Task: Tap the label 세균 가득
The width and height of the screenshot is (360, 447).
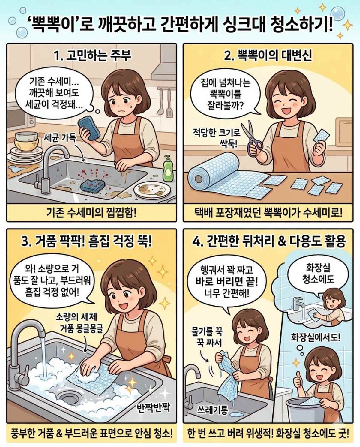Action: [x=60, y=138]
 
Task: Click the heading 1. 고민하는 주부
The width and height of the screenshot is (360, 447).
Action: [x=92, y=56]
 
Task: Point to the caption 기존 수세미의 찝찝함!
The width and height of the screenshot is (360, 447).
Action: [x=91, y=213]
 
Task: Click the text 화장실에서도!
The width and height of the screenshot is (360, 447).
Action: [x=316, y=337]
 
